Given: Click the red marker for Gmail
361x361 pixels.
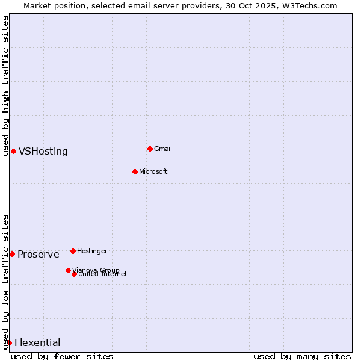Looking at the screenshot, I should tap(150, 149).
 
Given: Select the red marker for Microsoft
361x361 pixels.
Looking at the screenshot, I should tap(135, 171).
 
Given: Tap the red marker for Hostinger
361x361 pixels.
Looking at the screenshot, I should tap(73, 251).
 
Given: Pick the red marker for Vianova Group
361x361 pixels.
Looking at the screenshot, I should tap(68, 270).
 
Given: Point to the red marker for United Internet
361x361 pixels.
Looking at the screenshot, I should tap(74, 274).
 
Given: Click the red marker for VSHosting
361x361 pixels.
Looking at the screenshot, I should tap(13, 151).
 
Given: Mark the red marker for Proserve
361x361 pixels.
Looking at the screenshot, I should tap(12, 254).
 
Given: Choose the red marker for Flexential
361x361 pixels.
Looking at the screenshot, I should tap(9, 342).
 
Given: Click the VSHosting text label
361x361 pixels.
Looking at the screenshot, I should tap(43, 152).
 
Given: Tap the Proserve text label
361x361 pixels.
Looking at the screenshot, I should tap(39, 255).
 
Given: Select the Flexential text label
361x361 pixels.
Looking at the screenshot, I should tap(37, 343).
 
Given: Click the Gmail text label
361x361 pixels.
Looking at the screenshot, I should tap(163, 149).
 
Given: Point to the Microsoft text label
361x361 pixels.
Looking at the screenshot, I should tap(153, 172).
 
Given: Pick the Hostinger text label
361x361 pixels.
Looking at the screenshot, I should tap(93, 251).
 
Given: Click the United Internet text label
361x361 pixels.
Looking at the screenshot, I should tap(103, 274).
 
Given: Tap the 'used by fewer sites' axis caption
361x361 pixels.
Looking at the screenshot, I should tap(62, 356).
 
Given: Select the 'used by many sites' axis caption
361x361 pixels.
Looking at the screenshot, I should tap(302, 356).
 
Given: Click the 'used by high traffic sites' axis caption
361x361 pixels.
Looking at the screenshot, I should tap(5, 85).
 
